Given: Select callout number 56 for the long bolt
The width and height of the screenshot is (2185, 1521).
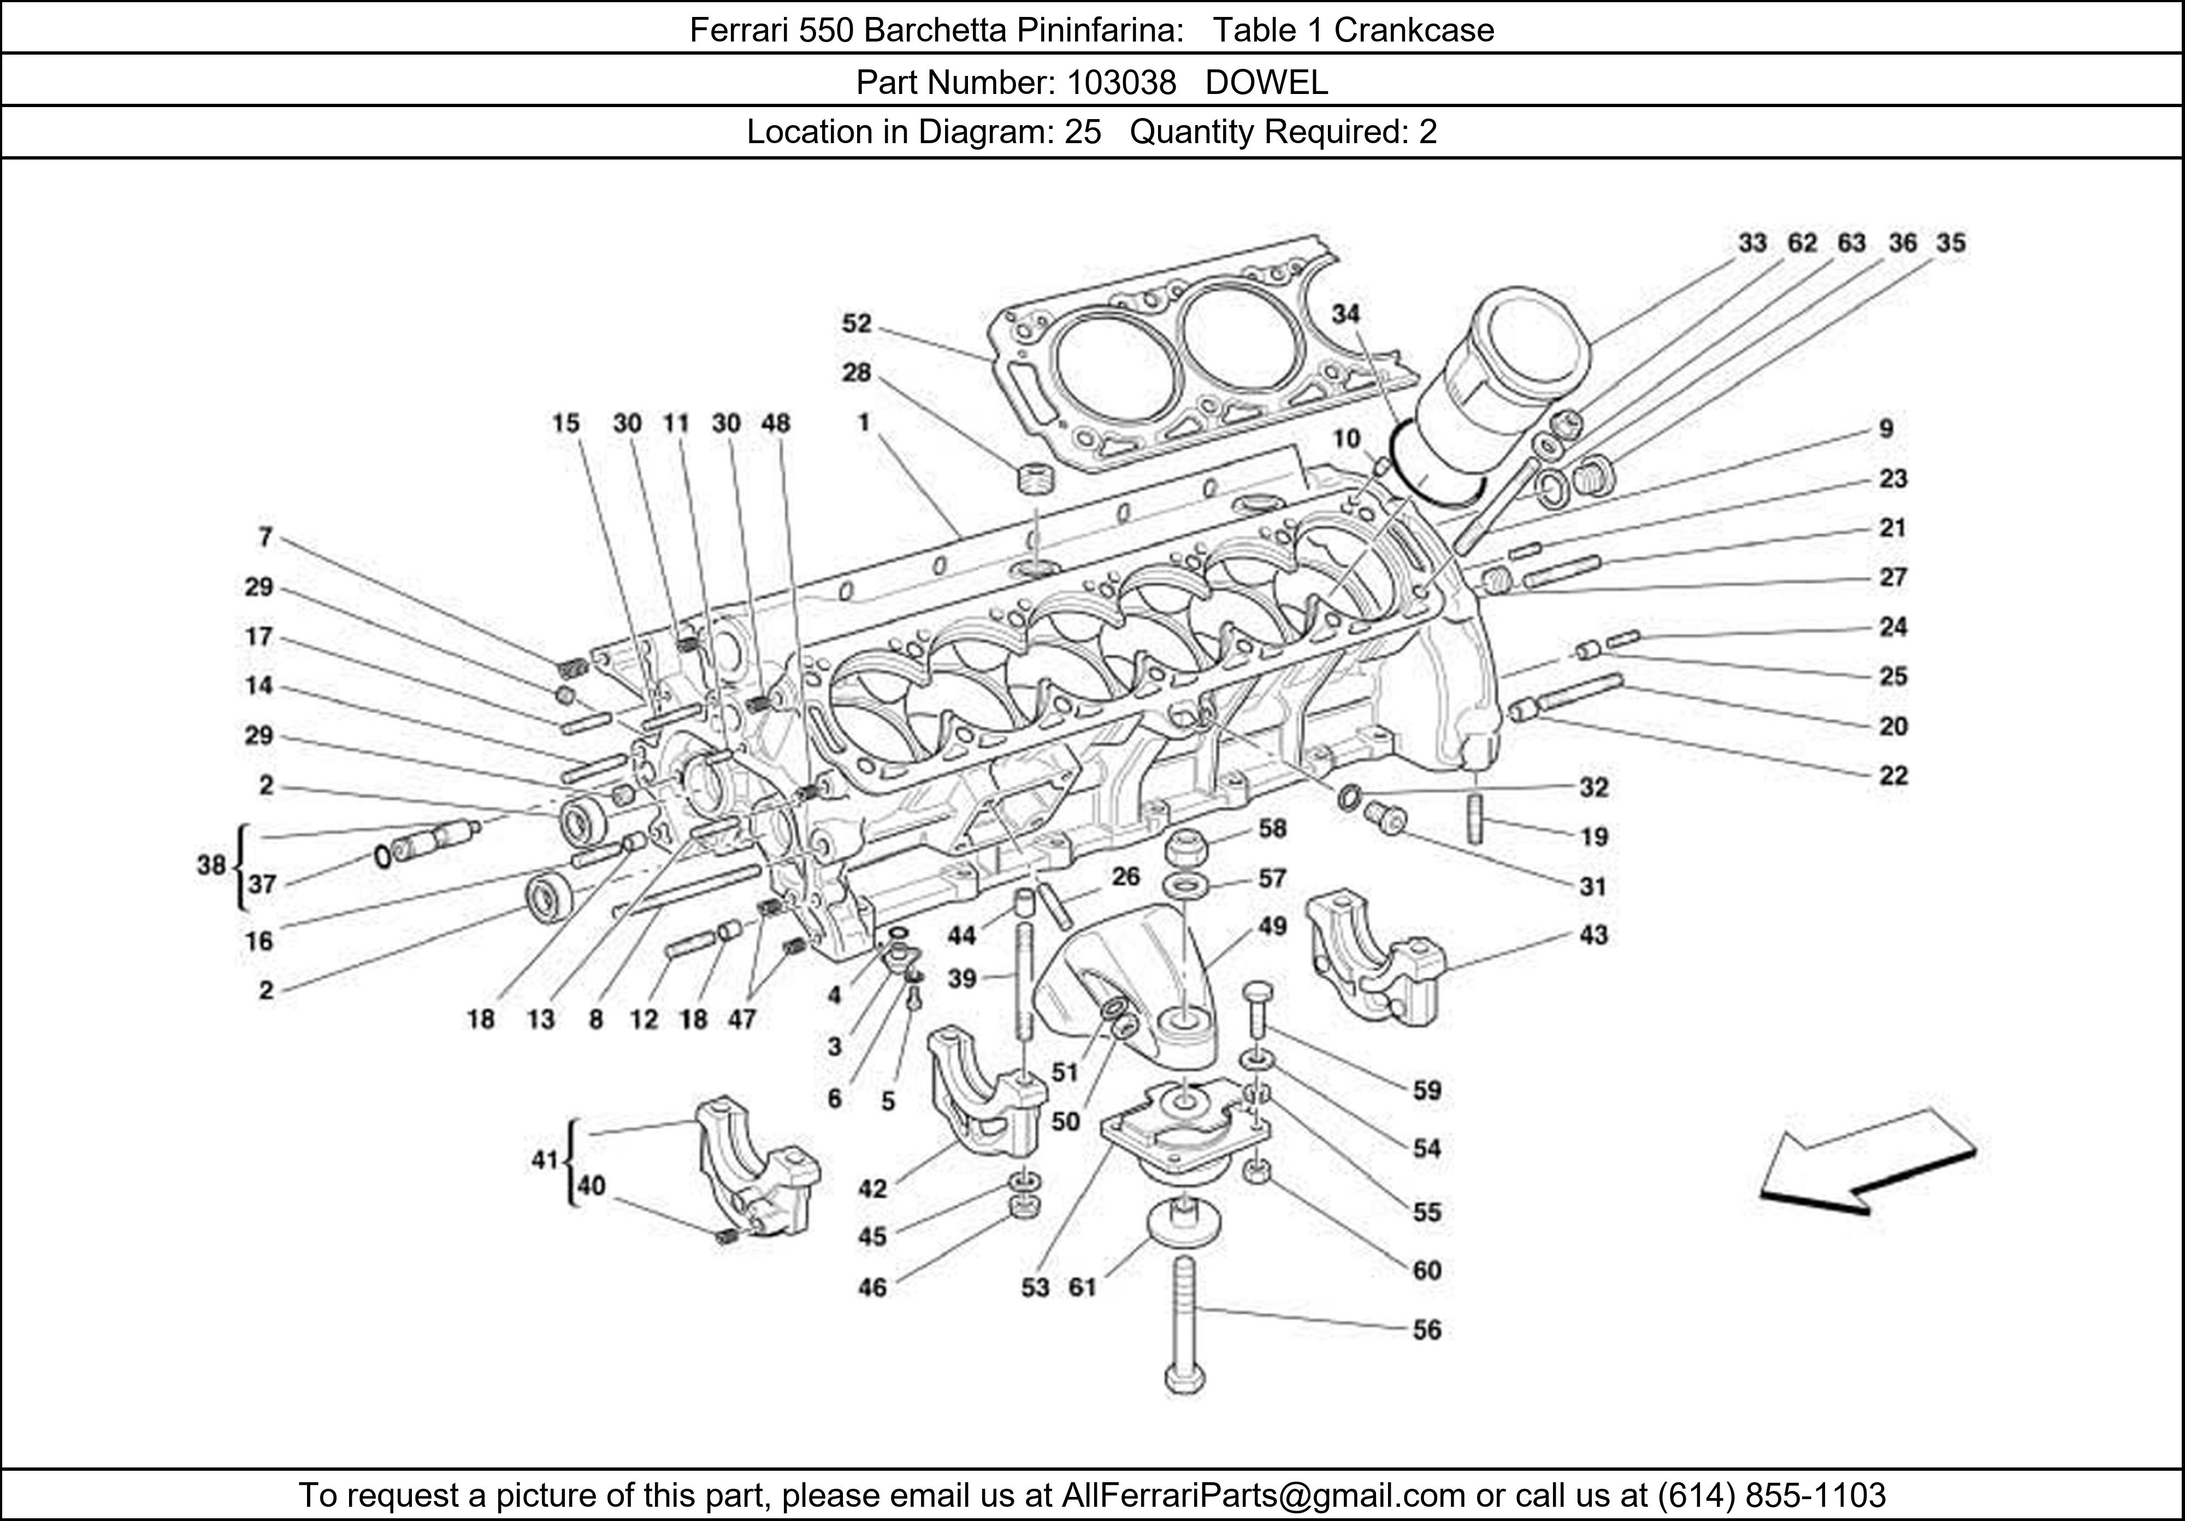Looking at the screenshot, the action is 1426,1330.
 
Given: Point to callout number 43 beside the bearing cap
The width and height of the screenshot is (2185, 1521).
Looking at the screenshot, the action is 1593,936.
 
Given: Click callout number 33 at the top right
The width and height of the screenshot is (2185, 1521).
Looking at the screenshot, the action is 1752,244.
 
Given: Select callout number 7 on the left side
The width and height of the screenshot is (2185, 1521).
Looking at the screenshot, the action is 265,538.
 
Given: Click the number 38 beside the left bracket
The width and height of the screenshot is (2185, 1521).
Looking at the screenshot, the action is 211,865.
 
